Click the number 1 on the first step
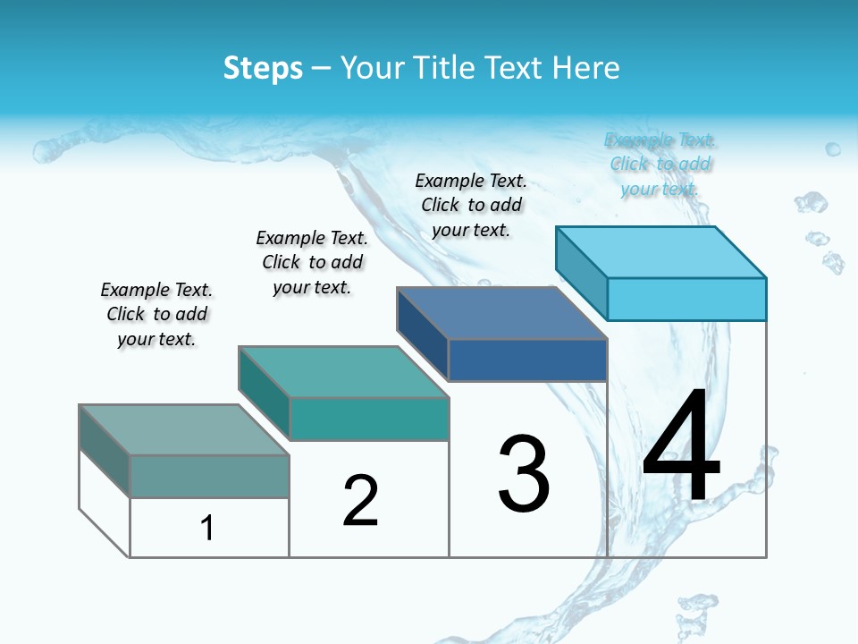coord(207,528)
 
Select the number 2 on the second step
coord(360,500)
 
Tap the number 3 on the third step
coord(524,473)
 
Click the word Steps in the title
coord(263,68)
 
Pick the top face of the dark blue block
coord(501,313)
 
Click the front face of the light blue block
coord(686,299)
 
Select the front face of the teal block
coord(369,419)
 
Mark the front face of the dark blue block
coord(527,360)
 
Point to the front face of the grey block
coord(209,476)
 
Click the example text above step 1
coord(156,314)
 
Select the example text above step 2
coord(312,262)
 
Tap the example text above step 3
coord(471,205)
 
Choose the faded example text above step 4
coord(660,164)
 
